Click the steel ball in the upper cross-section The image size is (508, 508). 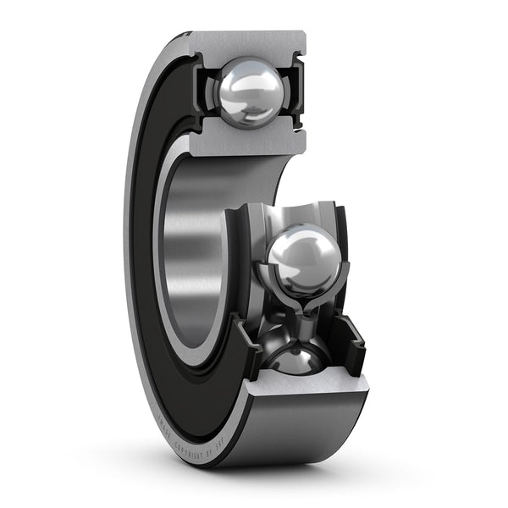click(249, 91)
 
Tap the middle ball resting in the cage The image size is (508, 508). click(303, 257)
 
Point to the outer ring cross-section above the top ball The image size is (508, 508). click(246, 42)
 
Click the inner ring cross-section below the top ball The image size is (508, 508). click(246, 142)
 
